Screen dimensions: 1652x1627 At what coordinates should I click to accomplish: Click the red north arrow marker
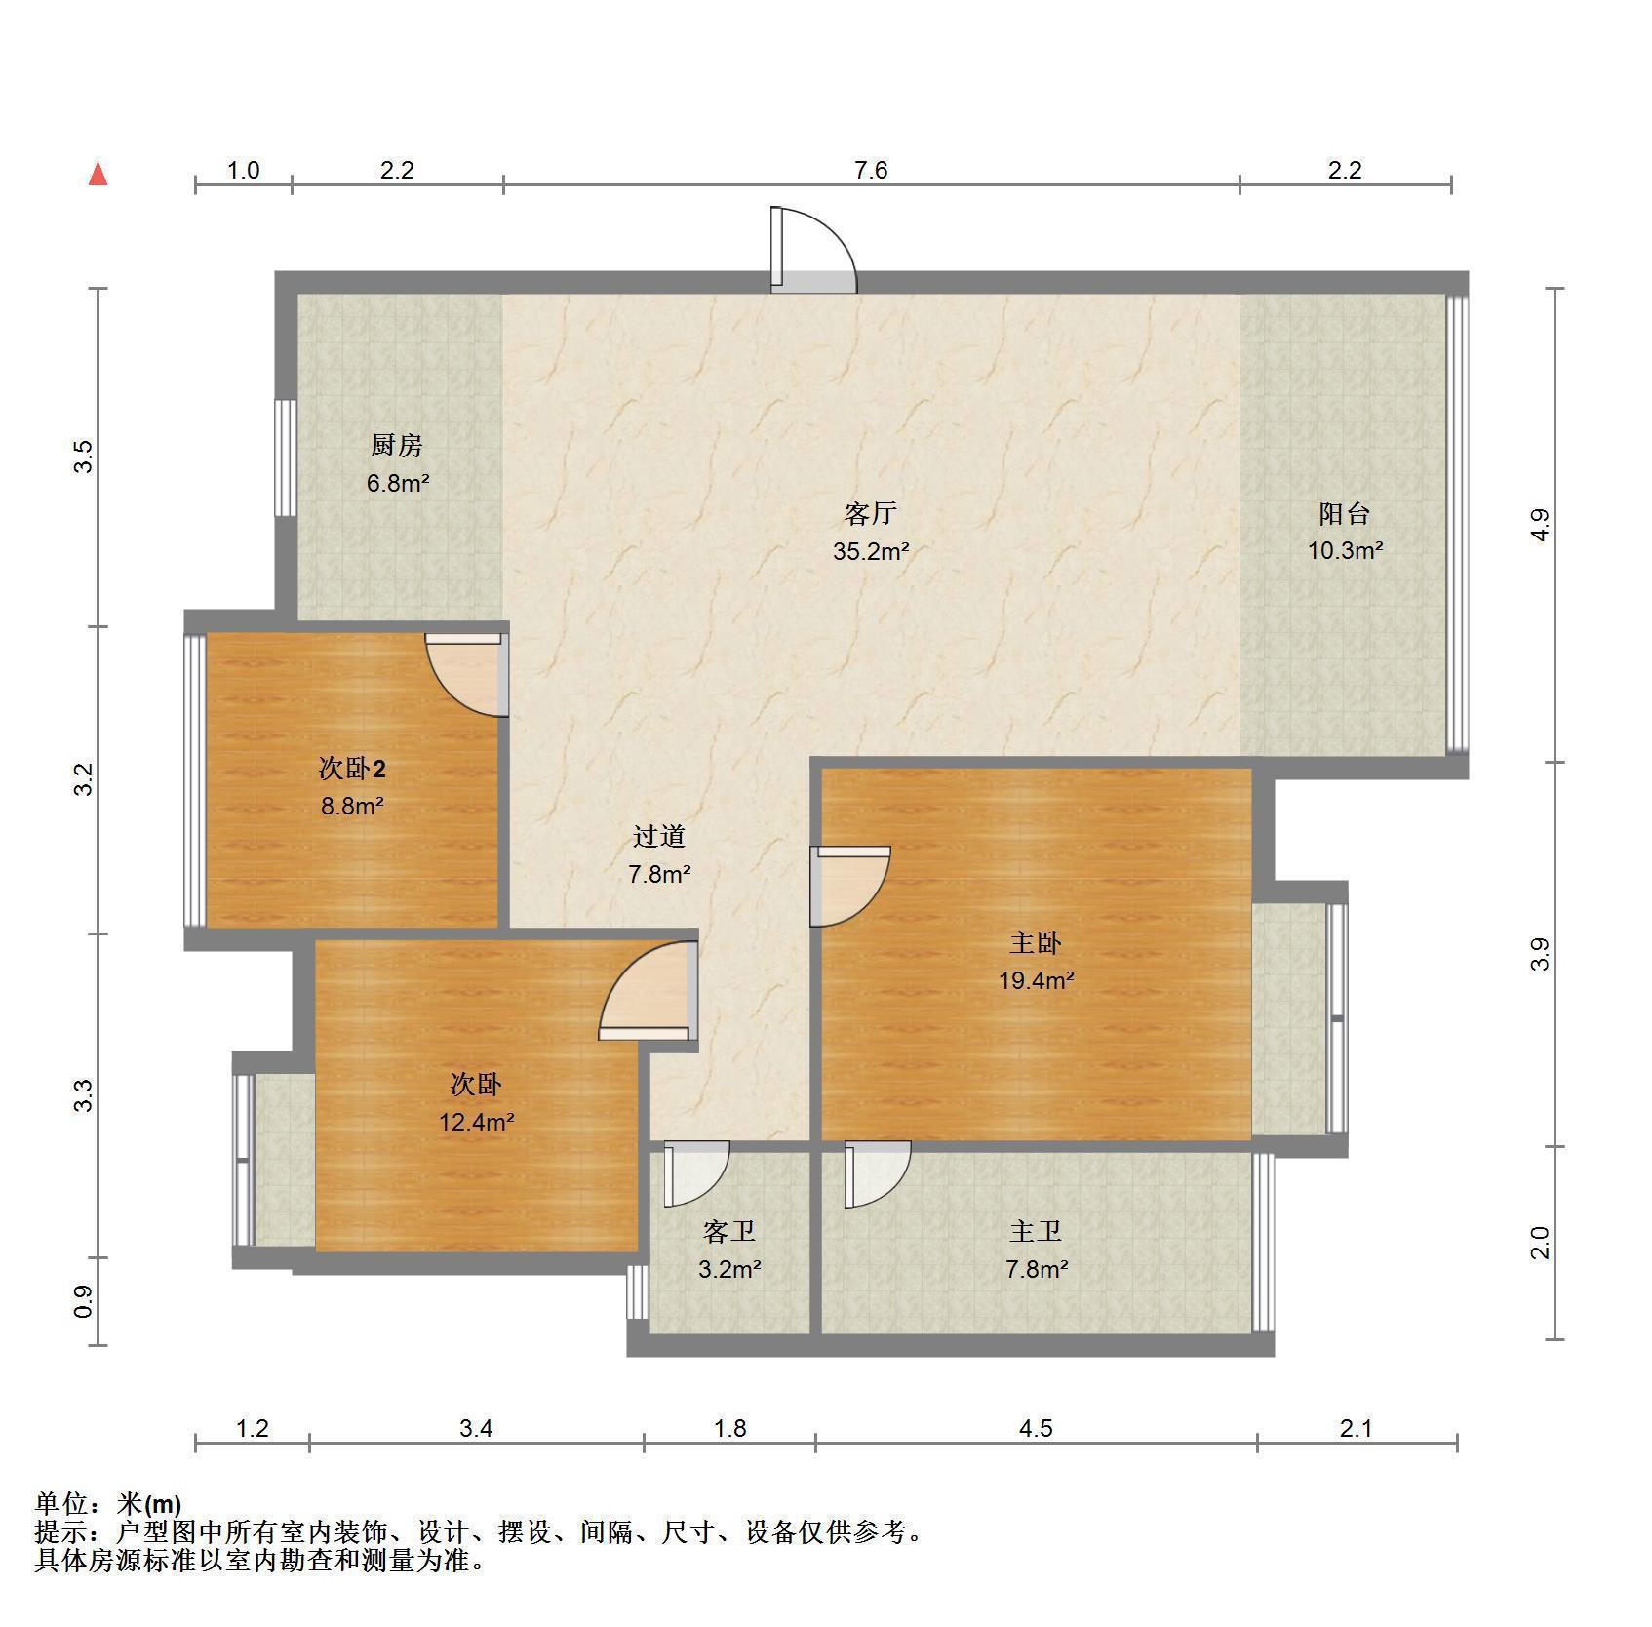(98, 175)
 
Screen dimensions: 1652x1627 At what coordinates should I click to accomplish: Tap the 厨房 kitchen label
(397, 446)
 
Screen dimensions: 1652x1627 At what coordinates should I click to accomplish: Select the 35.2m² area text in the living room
(871, 551)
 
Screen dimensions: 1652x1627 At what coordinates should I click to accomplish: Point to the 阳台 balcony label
(1345, 513)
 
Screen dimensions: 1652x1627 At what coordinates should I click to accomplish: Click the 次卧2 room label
(352, 770)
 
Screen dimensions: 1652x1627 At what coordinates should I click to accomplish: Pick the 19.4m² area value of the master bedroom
(1036, 980)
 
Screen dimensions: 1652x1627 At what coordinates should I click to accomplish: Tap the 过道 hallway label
(659, 836)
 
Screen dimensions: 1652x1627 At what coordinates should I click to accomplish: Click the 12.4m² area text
(476, 1122)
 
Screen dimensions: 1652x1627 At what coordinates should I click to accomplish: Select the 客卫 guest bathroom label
(729, 1232)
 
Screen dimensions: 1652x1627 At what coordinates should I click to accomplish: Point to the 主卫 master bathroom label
(1036, 1232)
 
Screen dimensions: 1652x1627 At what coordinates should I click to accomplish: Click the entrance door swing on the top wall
(813, 250)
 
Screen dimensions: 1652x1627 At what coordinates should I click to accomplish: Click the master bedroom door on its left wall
(850, 886)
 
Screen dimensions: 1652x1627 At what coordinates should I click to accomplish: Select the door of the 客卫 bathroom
(696, 1173)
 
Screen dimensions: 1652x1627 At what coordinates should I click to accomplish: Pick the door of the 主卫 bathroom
(878, 1173)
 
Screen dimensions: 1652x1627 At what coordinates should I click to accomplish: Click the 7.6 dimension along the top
(871, 171)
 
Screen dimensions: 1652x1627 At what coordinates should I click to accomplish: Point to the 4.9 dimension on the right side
(1539, 526)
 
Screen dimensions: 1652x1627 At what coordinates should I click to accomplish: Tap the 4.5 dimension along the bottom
(1036, 1429)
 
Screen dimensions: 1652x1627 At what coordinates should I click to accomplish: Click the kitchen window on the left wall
(286, 457)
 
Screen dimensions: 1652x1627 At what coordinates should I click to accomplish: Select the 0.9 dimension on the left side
(85, 1301)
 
